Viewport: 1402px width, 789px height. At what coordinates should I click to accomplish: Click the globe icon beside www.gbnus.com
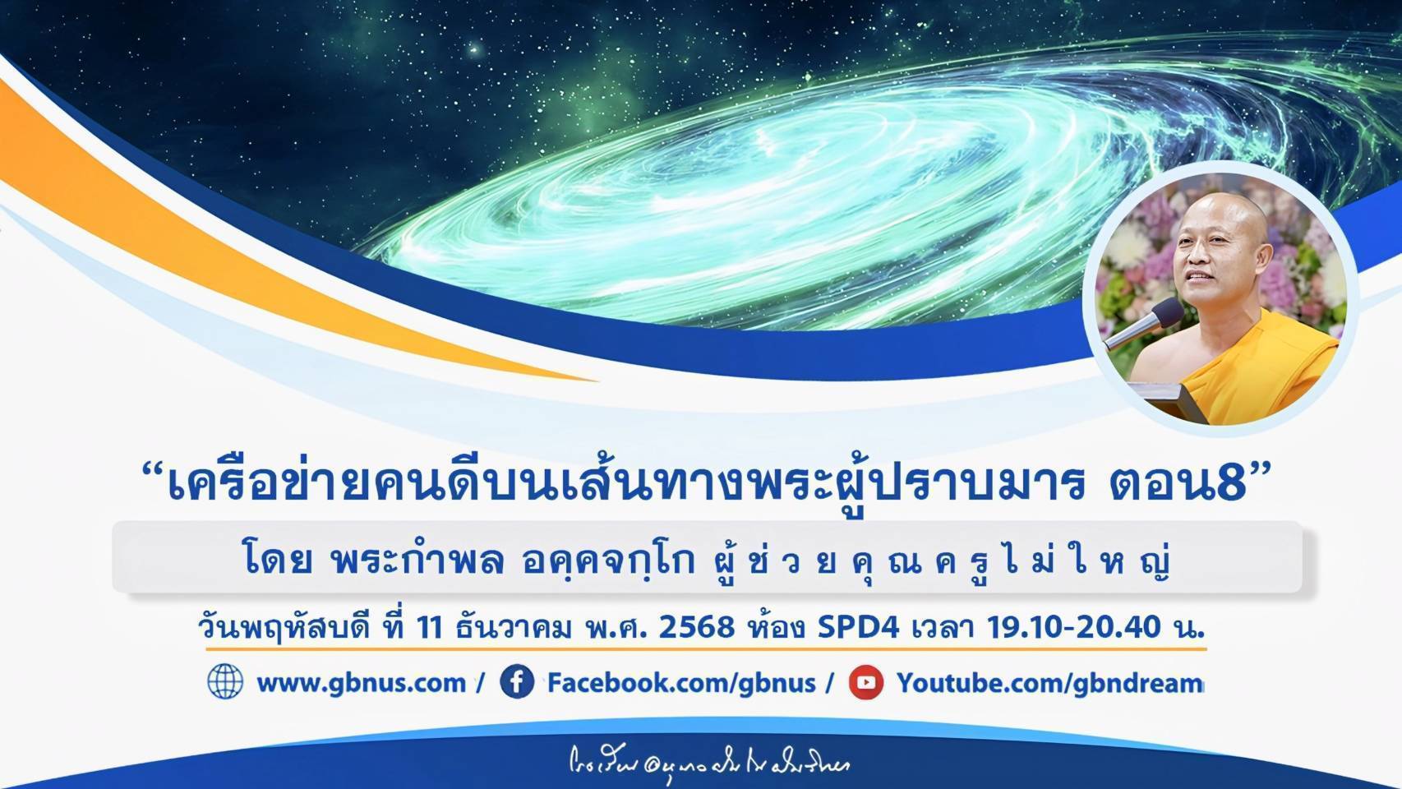click(225, 682)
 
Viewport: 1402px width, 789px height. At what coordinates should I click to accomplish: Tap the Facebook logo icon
click(517, 682)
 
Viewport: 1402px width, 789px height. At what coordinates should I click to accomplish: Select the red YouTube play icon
click(865, 682)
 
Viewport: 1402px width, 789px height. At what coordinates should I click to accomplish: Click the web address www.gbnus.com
click(361, 683)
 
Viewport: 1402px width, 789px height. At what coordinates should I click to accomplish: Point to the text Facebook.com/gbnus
click(681, 683)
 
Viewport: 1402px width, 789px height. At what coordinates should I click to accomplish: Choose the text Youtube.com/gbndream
click(1049, 683)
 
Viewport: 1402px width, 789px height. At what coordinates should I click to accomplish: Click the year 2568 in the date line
click(697, 628)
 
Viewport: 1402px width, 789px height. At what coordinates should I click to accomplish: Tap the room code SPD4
click(860, 628)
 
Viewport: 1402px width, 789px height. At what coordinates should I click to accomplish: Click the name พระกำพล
click(416, 561)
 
